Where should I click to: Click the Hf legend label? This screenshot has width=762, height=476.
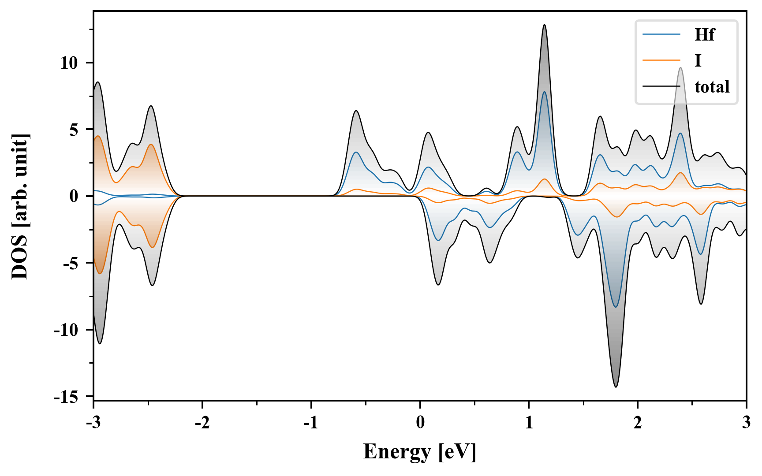tap(704, 34)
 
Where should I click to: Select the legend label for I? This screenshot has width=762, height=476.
tap(698, 60)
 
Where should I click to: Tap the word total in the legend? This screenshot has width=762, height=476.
tap(712, 87)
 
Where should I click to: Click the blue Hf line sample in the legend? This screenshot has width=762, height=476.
tap(661, 34)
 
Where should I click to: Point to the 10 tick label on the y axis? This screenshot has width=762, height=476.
tap(69, 63)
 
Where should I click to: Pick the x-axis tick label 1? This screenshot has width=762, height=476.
tap(529, 422)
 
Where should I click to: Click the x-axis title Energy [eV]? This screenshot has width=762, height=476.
tap(419, 452)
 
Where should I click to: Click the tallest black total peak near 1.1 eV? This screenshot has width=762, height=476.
tap(544, 25)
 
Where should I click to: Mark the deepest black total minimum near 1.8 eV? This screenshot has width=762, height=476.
tap(616, 387)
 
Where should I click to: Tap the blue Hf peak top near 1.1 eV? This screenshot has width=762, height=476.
tap(544, 92)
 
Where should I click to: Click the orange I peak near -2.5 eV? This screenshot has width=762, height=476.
tap(151, 145)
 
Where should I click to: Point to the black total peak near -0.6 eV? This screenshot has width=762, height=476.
tap(356, 111)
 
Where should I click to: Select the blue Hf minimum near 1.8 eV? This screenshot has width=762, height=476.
tap(616, 307)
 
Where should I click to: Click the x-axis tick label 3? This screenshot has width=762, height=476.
tap(746, 422)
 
